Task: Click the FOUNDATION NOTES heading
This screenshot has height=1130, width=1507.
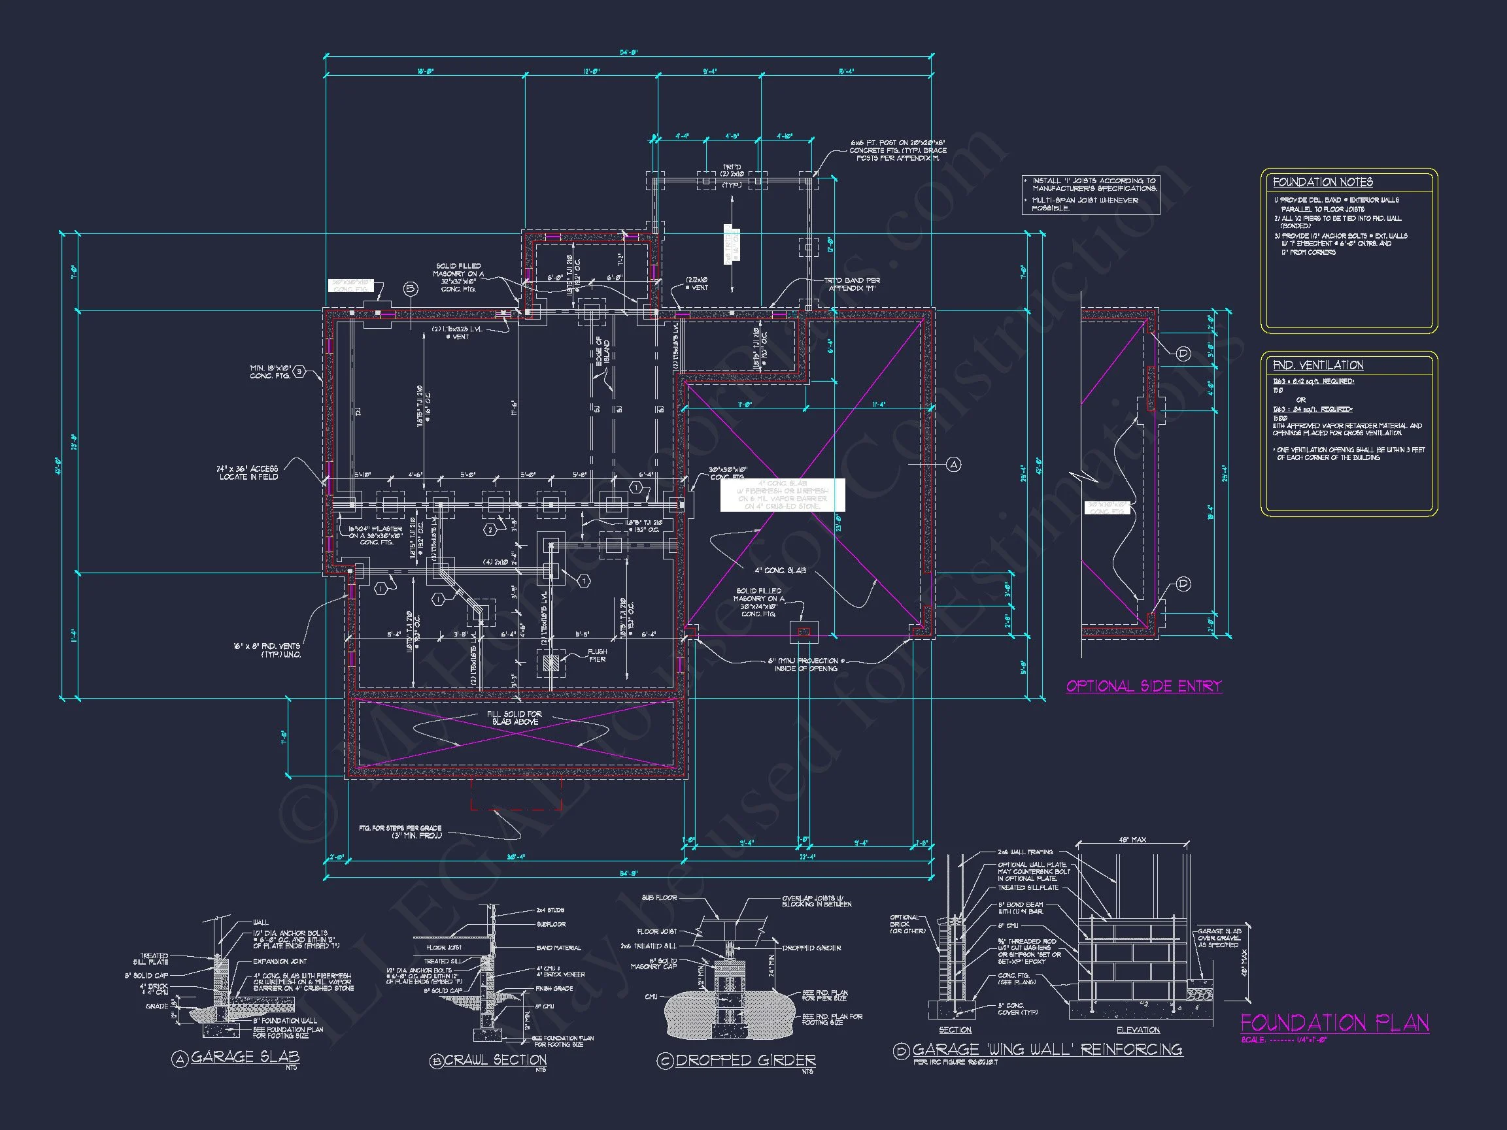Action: (x=1323, y=182)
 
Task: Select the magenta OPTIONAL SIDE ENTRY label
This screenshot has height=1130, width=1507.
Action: (x=1143, y=686)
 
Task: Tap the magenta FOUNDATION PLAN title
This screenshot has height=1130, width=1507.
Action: (x=1334, y=1022)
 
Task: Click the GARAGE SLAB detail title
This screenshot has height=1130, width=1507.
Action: (x=245, y=1056)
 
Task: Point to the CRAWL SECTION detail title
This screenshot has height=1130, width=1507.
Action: (x=496, y=1060)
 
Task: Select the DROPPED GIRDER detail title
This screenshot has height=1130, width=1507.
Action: (x=745, y=1061)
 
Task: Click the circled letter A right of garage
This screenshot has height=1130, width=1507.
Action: (x=954, y=465)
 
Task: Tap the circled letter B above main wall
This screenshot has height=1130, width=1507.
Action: (x=410, y=289)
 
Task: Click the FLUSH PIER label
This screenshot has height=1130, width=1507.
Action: (x=597, y=656)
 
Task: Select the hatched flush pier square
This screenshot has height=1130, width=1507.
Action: (x=550, y=661)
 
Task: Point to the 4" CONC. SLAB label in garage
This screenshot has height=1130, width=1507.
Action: (x=780, y=570)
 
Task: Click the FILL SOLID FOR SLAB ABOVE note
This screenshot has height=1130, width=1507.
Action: (x=515, y=718)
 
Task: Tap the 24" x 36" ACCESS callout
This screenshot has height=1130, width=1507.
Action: (x=248, y=473)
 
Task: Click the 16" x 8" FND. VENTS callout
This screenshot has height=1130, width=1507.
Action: (x=266, y=650)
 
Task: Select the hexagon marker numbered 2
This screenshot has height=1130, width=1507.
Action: (x=490, y=530)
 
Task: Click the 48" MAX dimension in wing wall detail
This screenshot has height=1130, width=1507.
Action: (x=1132, y=840)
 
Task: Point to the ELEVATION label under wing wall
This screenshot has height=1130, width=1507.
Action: (x=1138, y=1030)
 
